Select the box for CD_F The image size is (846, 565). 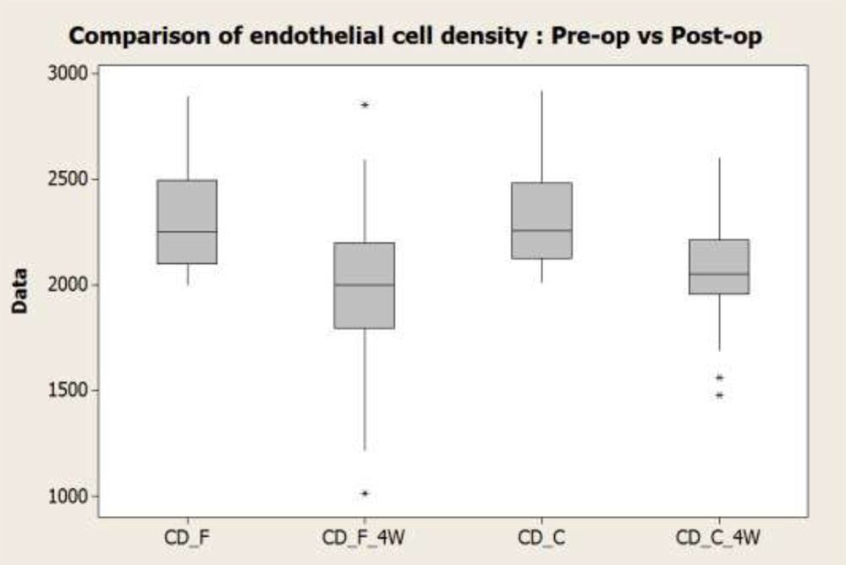pyautogui.click(x=187, y=222)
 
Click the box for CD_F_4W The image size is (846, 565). pyautogui.click(x=365, y=285)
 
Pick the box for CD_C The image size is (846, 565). pyautogui.click(x=542, y=220)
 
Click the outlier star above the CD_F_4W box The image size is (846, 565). pyautogui.click(x=365, y=106)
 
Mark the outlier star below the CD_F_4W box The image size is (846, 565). pyautogui.click(x=365, y=493)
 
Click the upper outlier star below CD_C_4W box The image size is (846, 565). pyautogui.click(x=719, y=378)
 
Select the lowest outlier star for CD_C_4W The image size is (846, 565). pyautogui.click(x=719, y=396)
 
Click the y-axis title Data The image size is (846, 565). pyautogui.click(x=20, y=291)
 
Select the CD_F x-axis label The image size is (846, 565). pyautogui.click(x=187, y=538)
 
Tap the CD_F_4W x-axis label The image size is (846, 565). pyautogui.click(x=365, y=538)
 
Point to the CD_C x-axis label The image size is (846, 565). pyautogui.click(x=542, y=538)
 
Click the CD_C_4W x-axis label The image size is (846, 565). pyautogui.click(x=719, y=538)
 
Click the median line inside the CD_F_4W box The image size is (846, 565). pyautogui.click(x=365, y=285)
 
